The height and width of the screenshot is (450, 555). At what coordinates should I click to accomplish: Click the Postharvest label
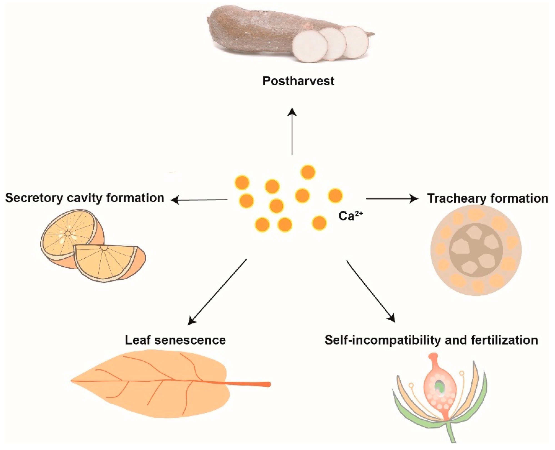point(298,81)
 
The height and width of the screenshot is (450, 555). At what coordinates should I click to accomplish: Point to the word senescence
point(190,340)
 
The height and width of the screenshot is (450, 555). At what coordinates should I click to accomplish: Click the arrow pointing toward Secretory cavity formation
point(199,200)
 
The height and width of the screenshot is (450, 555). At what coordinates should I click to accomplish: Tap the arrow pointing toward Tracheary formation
point(392,199)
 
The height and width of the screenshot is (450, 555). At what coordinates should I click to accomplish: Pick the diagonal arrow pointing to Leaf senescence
point(217,291)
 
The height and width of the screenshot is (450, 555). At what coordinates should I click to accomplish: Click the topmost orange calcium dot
point(308,172)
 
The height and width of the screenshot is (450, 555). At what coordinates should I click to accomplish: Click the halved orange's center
point(67,234)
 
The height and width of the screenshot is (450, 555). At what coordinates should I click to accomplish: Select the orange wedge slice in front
point(109,262)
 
